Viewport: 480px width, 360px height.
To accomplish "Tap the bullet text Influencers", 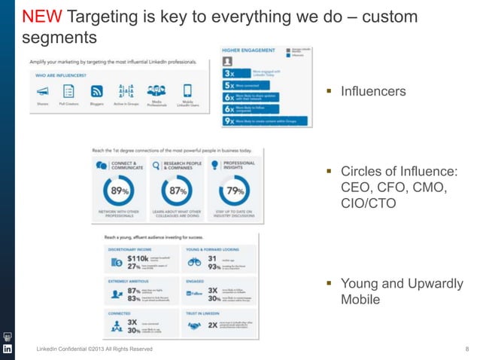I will pos(373,91).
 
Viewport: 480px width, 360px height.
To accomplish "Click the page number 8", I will pos(467,349).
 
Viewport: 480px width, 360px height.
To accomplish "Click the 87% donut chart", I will pos(176,192).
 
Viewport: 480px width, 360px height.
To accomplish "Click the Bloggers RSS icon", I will pos(96,91).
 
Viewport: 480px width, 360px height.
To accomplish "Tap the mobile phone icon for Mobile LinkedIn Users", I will pos(187,90).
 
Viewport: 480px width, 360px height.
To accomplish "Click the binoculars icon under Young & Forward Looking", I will pos(194,263).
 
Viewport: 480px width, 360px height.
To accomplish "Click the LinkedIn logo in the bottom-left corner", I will pos(8,349).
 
